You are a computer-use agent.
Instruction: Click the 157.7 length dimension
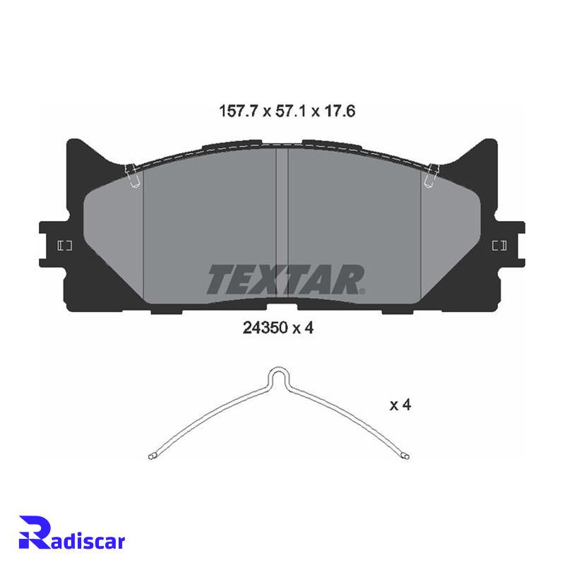(x=238, y=111)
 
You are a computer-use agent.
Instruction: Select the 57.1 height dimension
(x=290, y=111)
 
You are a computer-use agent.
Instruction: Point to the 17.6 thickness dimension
(x=340, y=111)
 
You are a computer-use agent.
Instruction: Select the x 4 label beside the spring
(x=400, y=405)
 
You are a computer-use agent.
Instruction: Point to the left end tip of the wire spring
(x=150, y=457)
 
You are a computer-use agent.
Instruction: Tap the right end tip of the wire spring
(x=408, y=456)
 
